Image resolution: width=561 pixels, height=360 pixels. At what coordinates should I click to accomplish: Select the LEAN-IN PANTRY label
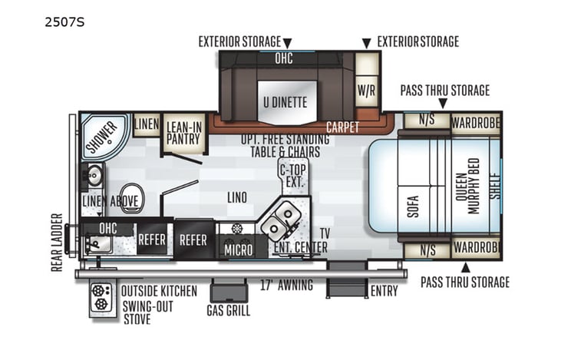click(184, 134)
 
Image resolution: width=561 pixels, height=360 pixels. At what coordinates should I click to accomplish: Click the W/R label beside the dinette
click(366, 90)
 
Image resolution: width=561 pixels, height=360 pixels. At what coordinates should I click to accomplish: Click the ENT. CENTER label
click(300, 247)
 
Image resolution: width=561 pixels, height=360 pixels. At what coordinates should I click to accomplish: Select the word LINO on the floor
click(236, 198)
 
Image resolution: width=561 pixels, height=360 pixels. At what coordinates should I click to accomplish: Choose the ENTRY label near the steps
click(383, 291)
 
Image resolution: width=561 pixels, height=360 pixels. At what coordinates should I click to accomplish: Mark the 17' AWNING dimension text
click(285, 286)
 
